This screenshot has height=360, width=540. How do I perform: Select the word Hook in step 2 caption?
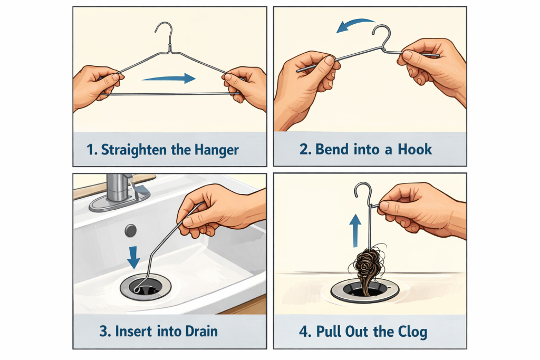tap(414, 149)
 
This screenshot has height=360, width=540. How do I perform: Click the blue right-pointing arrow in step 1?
tap(169, 79)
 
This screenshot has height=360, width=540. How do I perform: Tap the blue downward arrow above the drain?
tap(134, 257)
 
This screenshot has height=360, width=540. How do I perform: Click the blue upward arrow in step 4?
tap(356, 229)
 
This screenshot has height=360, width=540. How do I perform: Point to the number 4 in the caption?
tap(305, 332)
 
